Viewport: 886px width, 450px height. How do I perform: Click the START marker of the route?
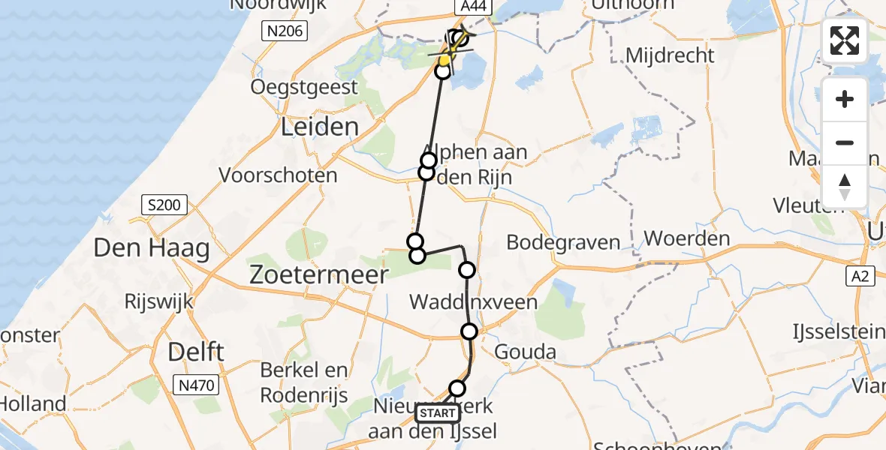coord(436,413)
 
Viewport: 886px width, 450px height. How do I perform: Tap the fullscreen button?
coord(845,40)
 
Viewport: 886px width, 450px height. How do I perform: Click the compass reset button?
coord(845,187)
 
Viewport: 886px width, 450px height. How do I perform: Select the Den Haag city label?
coord(152,248)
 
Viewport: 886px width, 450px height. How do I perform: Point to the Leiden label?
coord(319,127)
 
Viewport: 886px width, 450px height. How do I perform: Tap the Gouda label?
coord(526,352)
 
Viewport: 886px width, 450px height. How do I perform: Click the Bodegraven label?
coord(563,242)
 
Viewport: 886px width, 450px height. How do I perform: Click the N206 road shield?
coord(282,30)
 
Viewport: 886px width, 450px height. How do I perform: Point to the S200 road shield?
coord(164,205)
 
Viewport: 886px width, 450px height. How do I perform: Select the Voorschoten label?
coord(278,175)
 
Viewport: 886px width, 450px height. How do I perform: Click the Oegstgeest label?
coord(305,87)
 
